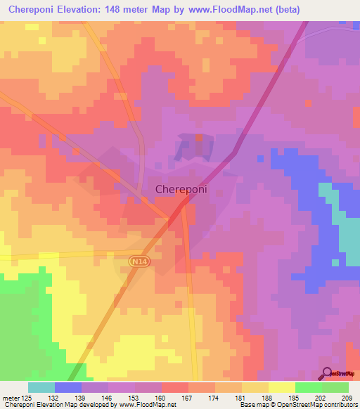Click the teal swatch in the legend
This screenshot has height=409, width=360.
pos(41,387)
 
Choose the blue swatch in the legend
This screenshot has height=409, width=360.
pos(67,387)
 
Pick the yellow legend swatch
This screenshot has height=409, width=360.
pos(281,387)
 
